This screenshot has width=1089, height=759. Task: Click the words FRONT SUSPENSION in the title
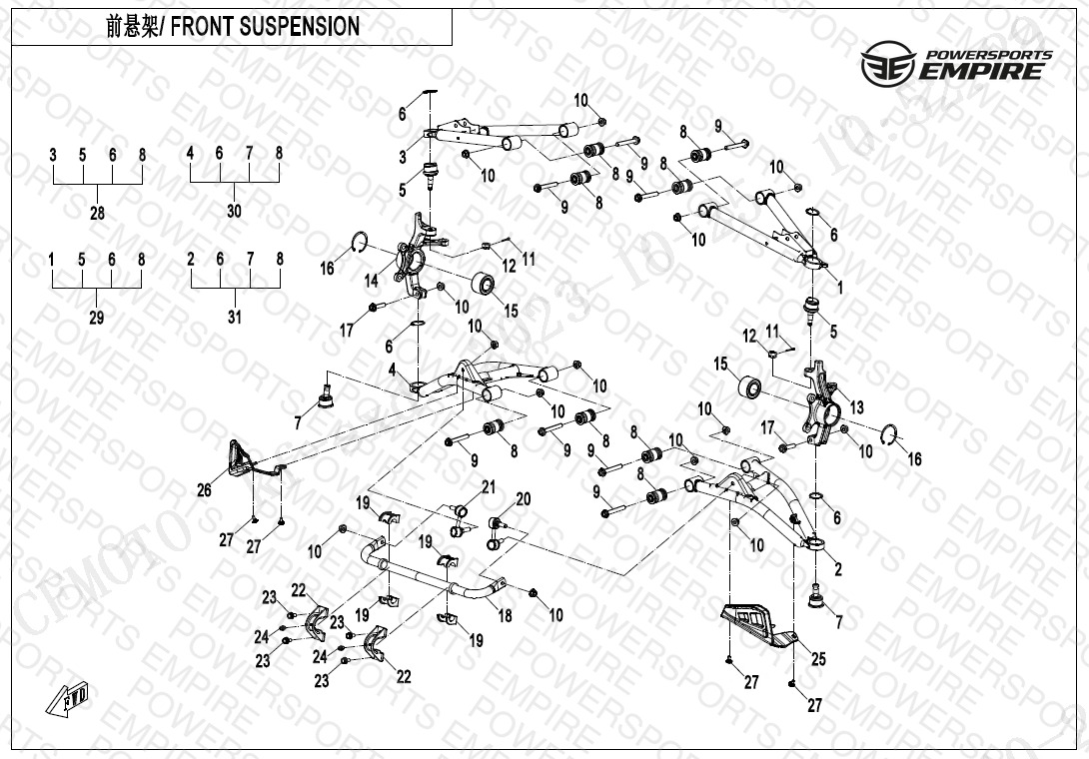pos(267,27)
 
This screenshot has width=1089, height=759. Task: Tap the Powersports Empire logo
pos(956,63)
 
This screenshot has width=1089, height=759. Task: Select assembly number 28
pos(97,213)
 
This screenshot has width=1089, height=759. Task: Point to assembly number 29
pos(97,318)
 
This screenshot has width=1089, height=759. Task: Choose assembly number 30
pos(234,212)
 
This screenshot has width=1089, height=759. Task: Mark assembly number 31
pos(234,318)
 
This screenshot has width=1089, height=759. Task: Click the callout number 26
pos(205,489)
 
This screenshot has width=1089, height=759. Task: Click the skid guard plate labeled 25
pos(757,625)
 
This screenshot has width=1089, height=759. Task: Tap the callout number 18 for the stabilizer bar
pos(506,616)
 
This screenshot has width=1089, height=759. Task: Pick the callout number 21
pos(489,486)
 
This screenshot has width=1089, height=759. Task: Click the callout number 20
pos(523,498)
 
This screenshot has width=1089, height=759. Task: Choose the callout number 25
pos(818,659)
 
